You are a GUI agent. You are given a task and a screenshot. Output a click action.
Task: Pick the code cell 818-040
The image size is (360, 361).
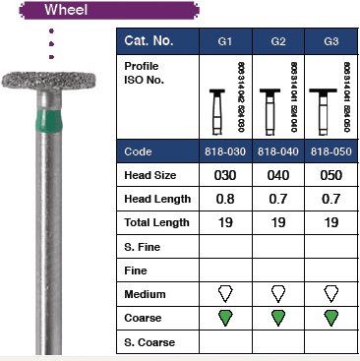coord(280,153)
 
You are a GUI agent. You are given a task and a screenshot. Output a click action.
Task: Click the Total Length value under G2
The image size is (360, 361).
coord(280,223)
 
